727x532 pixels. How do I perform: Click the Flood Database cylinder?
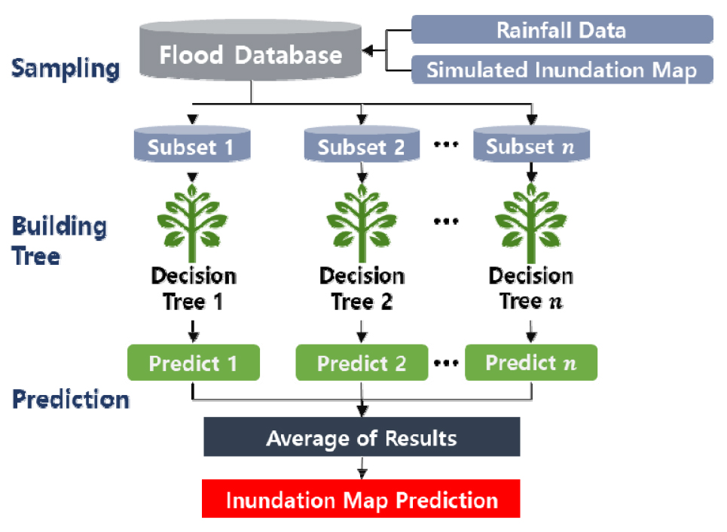[250, 50]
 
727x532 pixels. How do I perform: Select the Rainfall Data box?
[562, 29]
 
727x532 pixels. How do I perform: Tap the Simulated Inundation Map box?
[562, 69]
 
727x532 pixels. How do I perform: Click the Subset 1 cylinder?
[192, 144]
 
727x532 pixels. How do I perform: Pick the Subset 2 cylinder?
[362, 144]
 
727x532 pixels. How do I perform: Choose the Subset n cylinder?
[531, 144]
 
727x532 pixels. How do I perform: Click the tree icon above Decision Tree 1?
[192, 223]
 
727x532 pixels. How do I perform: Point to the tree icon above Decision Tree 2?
[362, 223]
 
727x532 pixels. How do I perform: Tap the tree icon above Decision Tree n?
[531, 223]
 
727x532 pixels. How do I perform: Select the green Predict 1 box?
[194, 363]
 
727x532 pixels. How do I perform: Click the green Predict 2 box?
[362, 363]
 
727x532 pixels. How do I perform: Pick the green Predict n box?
[531, 363]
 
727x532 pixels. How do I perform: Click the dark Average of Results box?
[362, 436]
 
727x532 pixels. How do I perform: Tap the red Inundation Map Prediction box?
[361, 499]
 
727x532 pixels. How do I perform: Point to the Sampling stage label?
[66, 68]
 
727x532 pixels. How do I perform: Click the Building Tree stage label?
[59, 241]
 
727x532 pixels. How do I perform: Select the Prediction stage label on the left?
[71, 399]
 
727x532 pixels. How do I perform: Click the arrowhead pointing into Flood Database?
[367, 50]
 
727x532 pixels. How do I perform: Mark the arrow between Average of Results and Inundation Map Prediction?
[362, 467]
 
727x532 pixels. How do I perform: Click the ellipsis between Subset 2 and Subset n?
[446, 144]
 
